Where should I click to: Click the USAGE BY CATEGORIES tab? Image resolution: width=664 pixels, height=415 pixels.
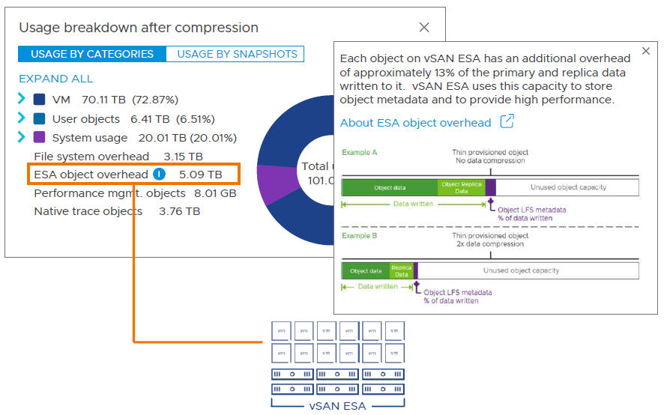tap(92, 54)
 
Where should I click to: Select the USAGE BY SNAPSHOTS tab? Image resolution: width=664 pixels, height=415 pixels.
tap(237, 54)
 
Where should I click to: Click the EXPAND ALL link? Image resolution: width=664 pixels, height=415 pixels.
tap(56, 79)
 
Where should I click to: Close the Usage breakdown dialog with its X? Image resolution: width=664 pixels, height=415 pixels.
tap(424, 28)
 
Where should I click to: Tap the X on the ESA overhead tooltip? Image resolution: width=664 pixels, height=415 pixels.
tap(646, 52)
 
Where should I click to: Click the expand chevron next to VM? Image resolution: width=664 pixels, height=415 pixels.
tap(22, 99)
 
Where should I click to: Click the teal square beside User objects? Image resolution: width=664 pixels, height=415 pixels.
tap(40, 119)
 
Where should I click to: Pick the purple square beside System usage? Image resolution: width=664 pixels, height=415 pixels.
tap(40, 138)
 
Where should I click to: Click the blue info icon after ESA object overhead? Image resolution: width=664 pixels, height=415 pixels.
tap(159, 175)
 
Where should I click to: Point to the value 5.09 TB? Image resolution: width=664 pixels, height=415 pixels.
tap(200, 175)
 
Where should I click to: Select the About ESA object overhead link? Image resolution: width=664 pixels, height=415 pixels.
tap(415, 123)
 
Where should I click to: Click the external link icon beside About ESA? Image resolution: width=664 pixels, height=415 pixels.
tap(507, 121)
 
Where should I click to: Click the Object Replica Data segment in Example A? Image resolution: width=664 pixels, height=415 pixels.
tap(461, 187)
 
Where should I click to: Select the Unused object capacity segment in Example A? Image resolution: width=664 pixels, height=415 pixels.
tap(567, 187)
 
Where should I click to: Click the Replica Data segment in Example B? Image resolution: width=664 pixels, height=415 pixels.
tap(401, 270)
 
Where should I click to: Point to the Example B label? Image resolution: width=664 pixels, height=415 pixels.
tap(360, 236)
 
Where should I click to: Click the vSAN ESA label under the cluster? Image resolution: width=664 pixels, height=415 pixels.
tap(337, 405)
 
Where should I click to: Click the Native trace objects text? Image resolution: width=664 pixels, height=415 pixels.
tap(88, 211)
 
